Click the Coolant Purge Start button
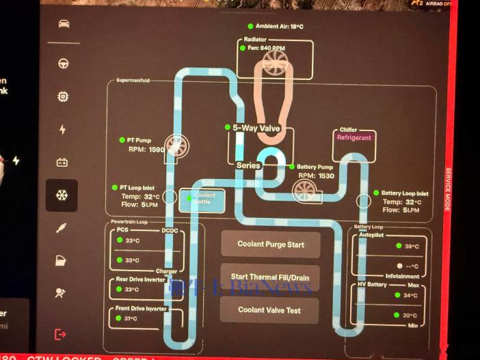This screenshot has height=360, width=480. (x=270, y=244)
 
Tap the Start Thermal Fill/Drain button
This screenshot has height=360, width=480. (x=270, y=277)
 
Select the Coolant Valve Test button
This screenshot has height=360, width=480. (x=270, y=310)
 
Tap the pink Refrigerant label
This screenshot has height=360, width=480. (x=354, y=137)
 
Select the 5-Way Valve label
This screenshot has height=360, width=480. (x=257, y=128)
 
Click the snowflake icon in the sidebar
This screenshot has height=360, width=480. (x=62, y=195)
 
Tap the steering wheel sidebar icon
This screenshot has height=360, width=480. (x=63, y=64)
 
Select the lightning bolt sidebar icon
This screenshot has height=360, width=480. (x=63, y=130)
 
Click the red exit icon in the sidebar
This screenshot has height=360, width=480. (x=62, y=334)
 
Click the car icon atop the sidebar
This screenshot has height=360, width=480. (x=63, y=24)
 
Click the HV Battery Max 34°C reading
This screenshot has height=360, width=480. (x=411, y=296)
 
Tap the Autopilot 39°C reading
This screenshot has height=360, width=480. (x=411, y=247)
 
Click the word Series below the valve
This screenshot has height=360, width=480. (x=248, y=165)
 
